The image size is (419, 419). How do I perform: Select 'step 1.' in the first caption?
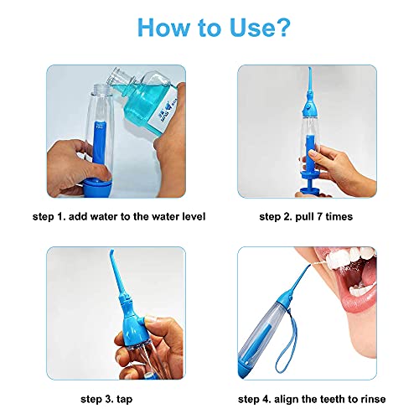tap(49, 216)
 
